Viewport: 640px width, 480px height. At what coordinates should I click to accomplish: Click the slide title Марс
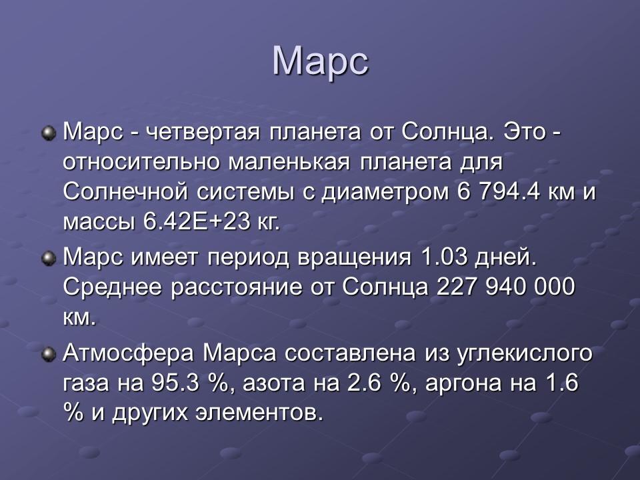(x=320, y=61)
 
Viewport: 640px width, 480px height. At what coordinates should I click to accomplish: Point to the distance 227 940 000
(x=505, y=287)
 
